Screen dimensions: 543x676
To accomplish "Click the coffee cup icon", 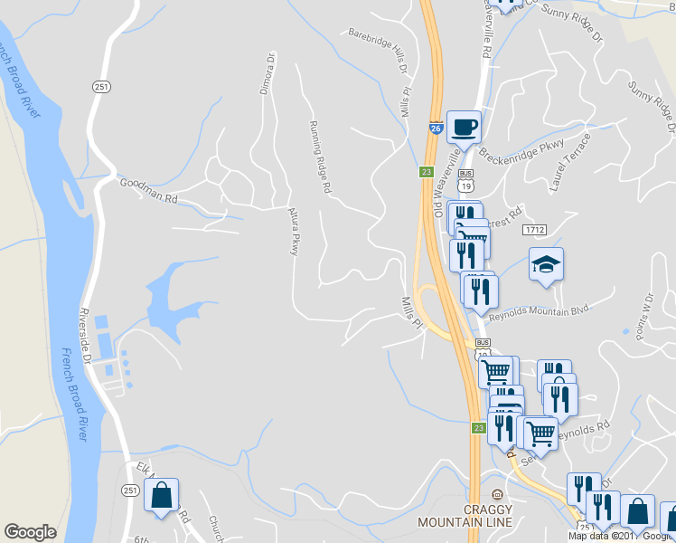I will tap(464, 127).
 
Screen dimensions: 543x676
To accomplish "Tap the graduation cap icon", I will tap(546, 264).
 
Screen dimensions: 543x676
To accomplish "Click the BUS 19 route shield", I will tap(466, 179).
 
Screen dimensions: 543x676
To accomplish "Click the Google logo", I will tap(30, 532).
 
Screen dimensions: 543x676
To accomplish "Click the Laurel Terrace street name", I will tap(569, 162).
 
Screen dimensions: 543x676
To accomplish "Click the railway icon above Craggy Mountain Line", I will tap(495, 495).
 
